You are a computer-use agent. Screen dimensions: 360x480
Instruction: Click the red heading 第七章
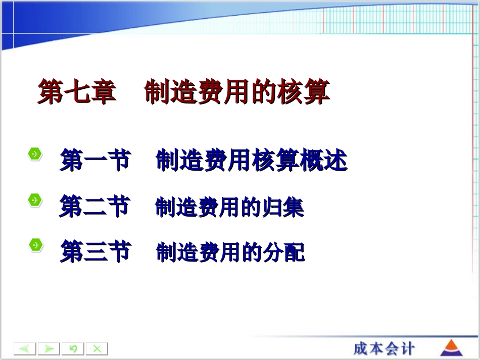coord(77,92)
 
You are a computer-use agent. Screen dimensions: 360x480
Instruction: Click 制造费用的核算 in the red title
coord(237,92)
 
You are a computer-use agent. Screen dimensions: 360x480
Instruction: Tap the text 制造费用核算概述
coord(251,161)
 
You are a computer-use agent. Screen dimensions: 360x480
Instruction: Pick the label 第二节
coord(94,207)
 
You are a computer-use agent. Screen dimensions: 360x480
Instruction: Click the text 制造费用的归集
coord(229,208)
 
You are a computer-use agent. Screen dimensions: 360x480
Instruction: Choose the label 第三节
coord(95,251)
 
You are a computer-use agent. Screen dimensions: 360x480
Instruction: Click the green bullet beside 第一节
coord(35,154)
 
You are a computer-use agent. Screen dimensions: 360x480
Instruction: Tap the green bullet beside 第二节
coord(35,200)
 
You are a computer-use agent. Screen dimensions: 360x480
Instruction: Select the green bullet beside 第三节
coord(35,245)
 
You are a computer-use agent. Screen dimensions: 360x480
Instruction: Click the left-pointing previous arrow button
coord(25,349)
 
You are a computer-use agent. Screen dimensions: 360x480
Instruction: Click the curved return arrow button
coord(73,349)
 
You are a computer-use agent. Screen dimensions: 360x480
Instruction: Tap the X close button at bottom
coord(97,349)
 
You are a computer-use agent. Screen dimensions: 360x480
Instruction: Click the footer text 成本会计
coord(384,348)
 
